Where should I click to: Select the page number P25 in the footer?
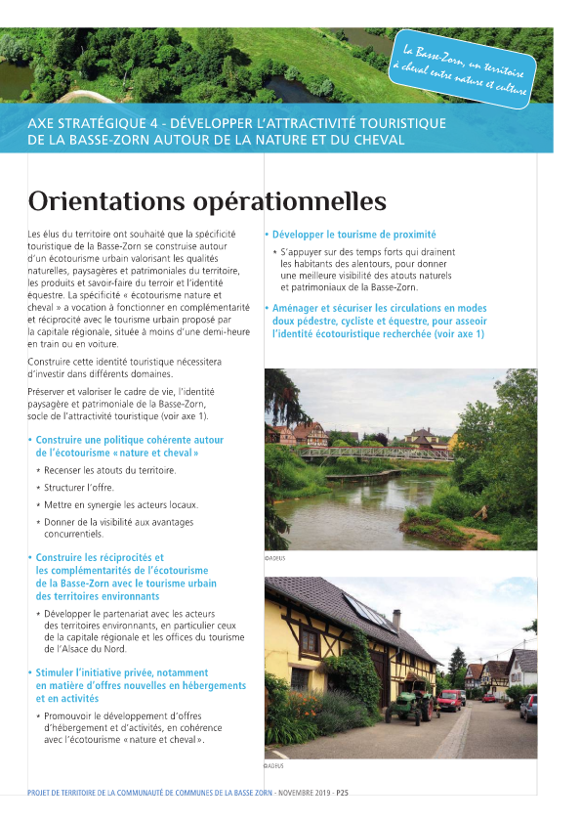[342, 793]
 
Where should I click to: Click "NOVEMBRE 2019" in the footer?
[304, 793]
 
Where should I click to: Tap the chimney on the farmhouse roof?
[396, 620]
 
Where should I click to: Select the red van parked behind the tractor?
[449, 699]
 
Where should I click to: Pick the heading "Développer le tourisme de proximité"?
[353, 235]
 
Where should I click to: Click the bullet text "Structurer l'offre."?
[78, 487]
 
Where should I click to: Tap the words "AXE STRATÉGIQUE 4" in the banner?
[90, 123]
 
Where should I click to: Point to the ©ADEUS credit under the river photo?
[274, 558]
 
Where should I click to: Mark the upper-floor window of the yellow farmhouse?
[310, 642]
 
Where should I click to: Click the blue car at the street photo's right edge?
[528, 708]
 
